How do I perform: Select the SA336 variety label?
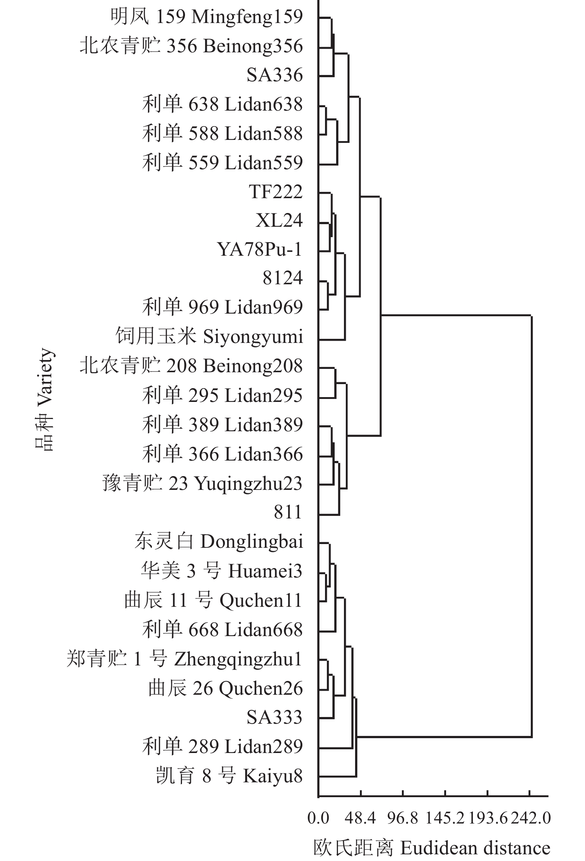tap(275, 75)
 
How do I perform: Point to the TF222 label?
tap(276, 192)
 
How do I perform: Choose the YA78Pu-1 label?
tap(260, 249)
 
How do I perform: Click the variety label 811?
tap(288, 512)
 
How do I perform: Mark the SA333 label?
tap(274, 717)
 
